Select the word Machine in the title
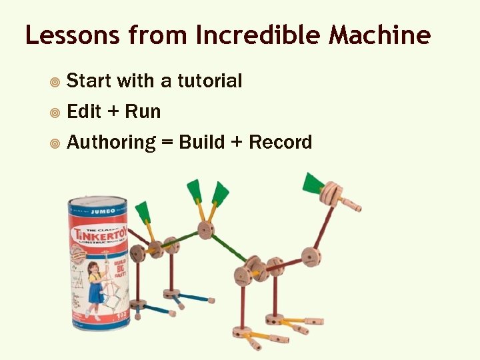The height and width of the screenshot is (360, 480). point(379,35)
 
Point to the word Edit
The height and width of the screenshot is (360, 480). point(84,111)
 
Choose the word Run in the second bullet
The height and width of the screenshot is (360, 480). point(143,111)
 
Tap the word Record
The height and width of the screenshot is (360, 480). point(281,142)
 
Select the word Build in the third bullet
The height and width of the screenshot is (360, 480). point(202,142)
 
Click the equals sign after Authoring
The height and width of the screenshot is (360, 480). point(167,143)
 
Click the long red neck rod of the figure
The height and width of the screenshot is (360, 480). point(323,226)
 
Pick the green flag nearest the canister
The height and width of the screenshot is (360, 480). point(143,213)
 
